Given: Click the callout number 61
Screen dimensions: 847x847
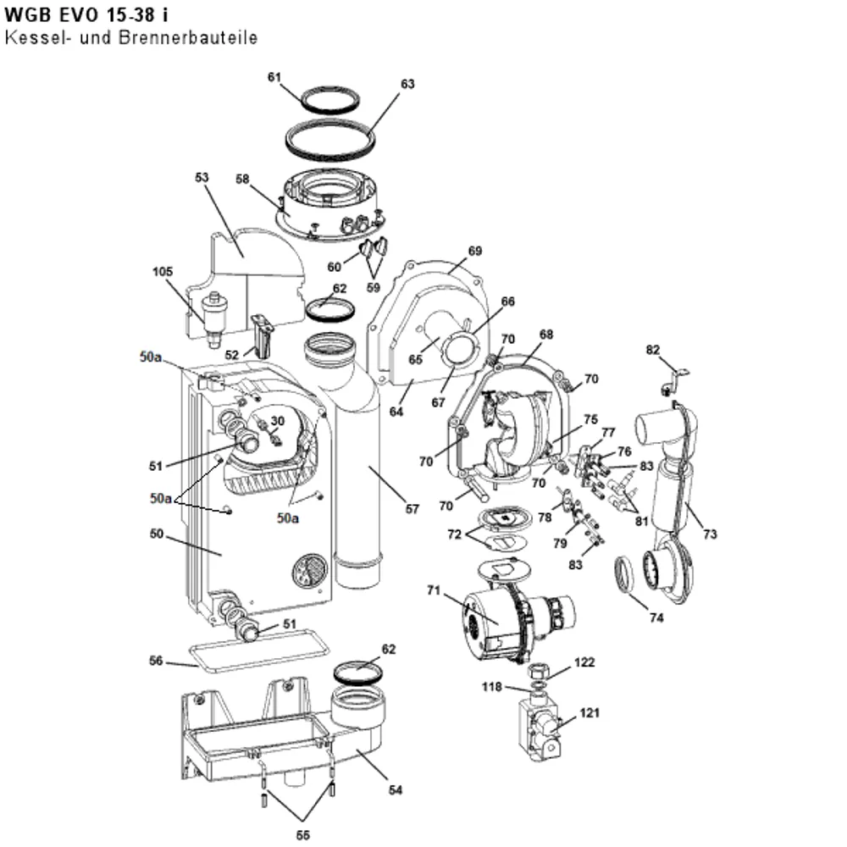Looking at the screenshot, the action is (x=274, y=77).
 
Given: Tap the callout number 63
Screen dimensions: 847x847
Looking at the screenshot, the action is (x=407, y=84).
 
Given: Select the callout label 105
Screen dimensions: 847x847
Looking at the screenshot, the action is (x=163, y=272).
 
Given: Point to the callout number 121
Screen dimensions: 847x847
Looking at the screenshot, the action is (x=590, y=713).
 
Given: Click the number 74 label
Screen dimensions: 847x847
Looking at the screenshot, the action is (x=656, y=617).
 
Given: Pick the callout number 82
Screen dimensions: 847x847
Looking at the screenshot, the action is (x=653, y=350).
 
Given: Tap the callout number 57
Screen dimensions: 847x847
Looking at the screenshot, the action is (x=412, y=509).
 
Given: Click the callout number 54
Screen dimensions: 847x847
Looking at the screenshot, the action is (x=396, y=790).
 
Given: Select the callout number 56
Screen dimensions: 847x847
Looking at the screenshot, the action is (x=156, y=661).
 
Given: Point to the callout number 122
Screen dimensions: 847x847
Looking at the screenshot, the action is (x=584, y=662).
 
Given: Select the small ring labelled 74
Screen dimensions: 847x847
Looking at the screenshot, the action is (x=617, y=576).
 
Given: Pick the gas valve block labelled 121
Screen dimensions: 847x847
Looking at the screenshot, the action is (x=540, y=727).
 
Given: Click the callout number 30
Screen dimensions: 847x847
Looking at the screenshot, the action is (x=278, y=421).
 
